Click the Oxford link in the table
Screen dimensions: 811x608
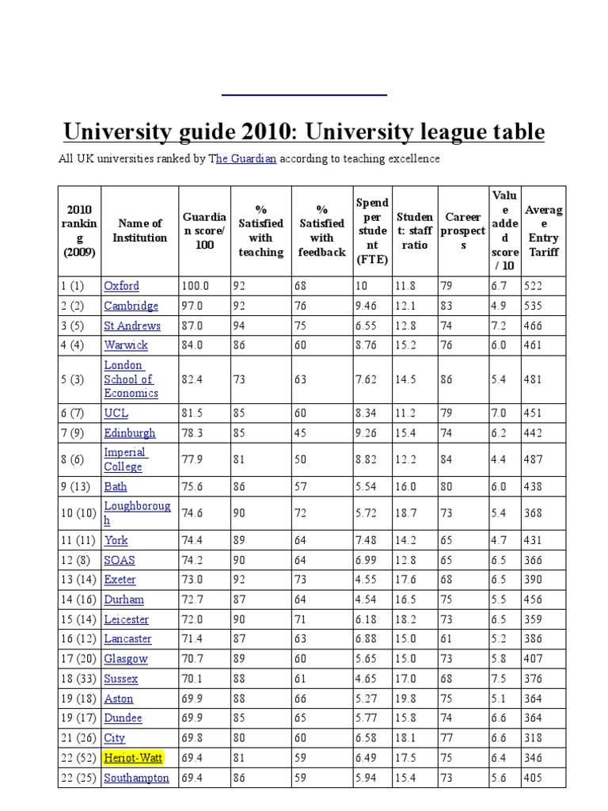pos(121,286)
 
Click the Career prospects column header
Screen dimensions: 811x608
pos(463,230)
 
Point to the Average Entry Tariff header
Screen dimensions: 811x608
pos(543,230)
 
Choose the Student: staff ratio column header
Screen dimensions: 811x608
pos(415,230)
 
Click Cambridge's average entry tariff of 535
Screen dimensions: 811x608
pos(532,306)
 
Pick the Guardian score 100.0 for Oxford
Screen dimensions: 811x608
pos(195,286)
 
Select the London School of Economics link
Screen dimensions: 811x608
pos(131,379)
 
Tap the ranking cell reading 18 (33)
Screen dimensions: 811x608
pos(78,679)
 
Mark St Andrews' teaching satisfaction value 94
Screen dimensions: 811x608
pos(239,326)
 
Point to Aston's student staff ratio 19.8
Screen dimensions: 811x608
pos(405,699)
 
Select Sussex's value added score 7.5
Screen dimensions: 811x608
pos(500,679)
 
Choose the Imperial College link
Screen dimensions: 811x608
pos(125,459)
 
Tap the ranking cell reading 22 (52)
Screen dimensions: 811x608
pos(78,758)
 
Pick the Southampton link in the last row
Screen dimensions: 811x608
pos(136,778)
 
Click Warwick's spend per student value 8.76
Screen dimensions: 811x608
pos(367,345)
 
